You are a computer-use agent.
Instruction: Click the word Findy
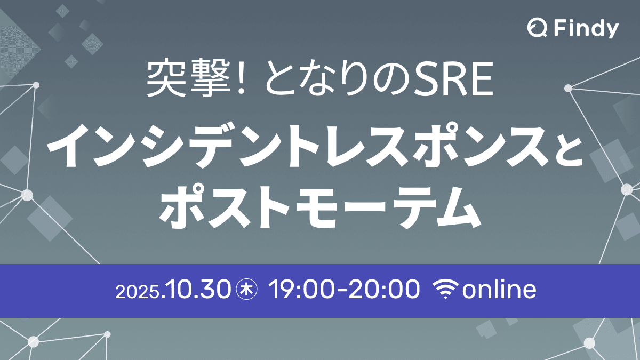pyautogui.click(x=585, y=29)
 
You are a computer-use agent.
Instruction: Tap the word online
pyautogui.click(x=499, y=291)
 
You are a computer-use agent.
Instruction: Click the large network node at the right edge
pyautogui.click(x=627, y=189)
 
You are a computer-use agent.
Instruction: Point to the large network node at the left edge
pyautogui.click(x=27, y=195)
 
